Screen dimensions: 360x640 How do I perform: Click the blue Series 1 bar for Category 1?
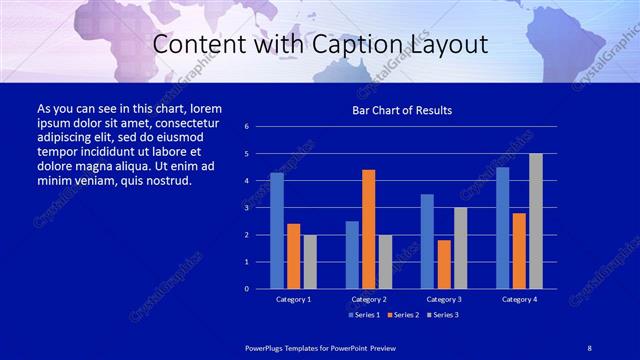tap(277, 231)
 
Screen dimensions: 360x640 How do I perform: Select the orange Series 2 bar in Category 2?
tap(369, 229)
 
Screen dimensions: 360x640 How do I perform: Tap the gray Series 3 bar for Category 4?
tap(536, 221)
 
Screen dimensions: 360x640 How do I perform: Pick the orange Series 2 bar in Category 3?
tap(444, 264)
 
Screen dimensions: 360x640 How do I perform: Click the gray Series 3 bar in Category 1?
tap(310, 262)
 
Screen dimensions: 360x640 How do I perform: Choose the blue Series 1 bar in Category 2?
tap(352, 255)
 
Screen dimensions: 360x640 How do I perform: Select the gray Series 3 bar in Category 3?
tap(461, 248)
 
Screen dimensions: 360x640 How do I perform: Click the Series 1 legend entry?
tap(364, 315)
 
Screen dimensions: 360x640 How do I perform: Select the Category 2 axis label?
tap(369, 299)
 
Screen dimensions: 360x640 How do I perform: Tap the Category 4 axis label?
tap(519, 299)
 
